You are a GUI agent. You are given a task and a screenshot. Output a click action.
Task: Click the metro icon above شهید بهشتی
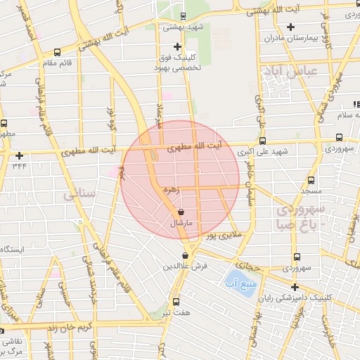click(x=183, y=16)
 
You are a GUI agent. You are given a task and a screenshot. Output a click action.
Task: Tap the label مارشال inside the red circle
click(x=181, y=223)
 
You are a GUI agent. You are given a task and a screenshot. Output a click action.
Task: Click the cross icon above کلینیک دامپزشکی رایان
click(x=295, y=287)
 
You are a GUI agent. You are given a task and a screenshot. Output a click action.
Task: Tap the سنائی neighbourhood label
click(x=79, y=195)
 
